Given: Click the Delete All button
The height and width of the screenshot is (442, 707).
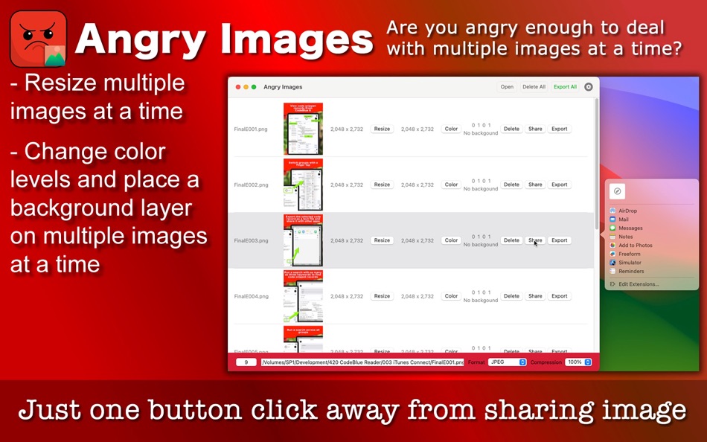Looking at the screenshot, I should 534,87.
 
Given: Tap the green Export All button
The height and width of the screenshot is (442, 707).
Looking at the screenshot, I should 565,87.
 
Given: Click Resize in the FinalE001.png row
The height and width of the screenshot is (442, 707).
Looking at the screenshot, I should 382,129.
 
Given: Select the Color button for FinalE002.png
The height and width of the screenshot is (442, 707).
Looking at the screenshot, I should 451,185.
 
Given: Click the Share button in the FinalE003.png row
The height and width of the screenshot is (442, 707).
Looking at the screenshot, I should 535,240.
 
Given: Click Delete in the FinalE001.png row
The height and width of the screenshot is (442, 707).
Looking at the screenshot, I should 511,129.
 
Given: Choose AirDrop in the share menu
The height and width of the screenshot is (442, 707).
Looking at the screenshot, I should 627,211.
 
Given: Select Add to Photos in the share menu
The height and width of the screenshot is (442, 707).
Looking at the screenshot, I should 635,245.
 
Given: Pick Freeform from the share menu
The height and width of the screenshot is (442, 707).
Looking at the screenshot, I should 629,254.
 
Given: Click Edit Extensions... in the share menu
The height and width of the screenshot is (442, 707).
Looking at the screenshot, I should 639,284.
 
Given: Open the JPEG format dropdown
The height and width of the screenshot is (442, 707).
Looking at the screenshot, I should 508,362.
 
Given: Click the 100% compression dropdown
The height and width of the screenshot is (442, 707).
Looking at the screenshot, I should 578,362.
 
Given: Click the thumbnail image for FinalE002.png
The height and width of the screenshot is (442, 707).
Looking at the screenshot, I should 303,185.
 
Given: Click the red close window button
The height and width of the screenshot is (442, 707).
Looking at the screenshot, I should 238,87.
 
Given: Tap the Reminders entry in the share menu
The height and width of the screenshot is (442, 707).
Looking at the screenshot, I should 631,271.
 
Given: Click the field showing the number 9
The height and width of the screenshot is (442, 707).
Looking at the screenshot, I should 246,362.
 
